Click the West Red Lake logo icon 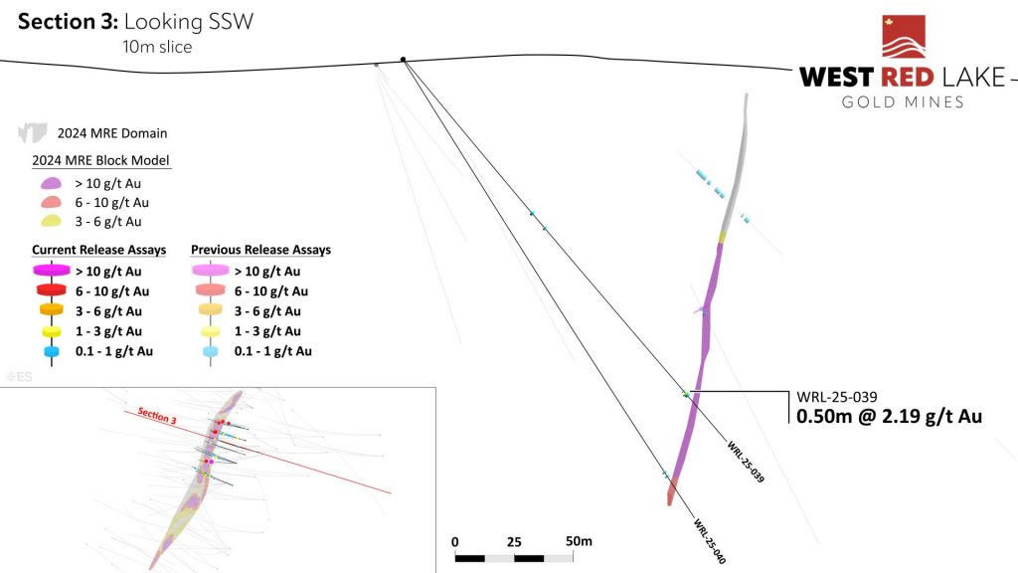click(x=903, y=37)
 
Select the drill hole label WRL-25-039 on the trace click(x=746, y=462)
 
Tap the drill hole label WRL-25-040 click(x=710, y=540)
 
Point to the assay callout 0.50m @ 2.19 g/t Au click(x=889, y=416)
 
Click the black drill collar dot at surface click(x=404, y=60)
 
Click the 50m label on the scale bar click(x=579, y=540)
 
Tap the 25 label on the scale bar click(x=514, y=542)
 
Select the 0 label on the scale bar click(x=455, y=542)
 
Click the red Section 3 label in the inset click(x=156, y=416)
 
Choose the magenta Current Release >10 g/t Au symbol click(x=52, y=270)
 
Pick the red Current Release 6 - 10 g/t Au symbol click(x=52, y=289)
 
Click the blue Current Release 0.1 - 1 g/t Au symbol click(x=52, y=351)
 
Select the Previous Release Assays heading click(x=261, y=250)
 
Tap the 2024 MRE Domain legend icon click(x=33, y=132)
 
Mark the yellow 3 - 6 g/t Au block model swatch click(x=52, y=221)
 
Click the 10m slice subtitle click(x=157, y=47)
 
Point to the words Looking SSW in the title click(x=188, y=22)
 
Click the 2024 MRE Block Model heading click(x=100, y=160)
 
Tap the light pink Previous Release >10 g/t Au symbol click(x=211, y=270)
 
